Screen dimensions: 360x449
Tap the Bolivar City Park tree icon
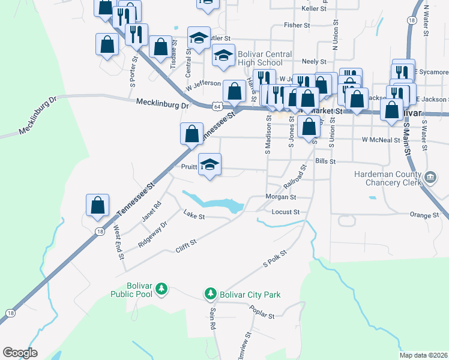tap(210, 294)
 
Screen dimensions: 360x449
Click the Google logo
tap(20, 353)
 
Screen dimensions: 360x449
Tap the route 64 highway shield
tap(216, 106)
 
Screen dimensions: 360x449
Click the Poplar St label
tap(263, 316)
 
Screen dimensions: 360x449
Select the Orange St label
tap(424, 215)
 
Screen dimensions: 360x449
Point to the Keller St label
tap(313, 9)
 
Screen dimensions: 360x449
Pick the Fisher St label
tap(297, 26)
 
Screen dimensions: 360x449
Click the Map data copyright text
tap(424, 355)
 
